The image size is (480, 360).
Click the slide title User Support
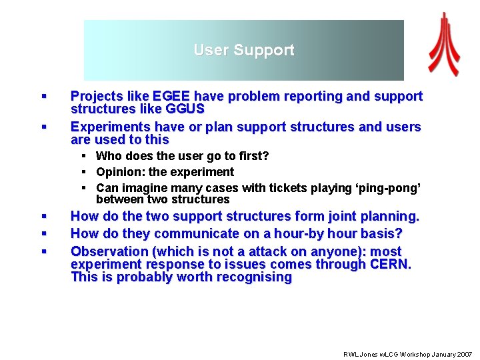243,51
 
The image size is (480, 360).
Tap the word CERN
391,265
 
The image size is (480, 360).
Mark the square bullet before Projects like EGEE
43,97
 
